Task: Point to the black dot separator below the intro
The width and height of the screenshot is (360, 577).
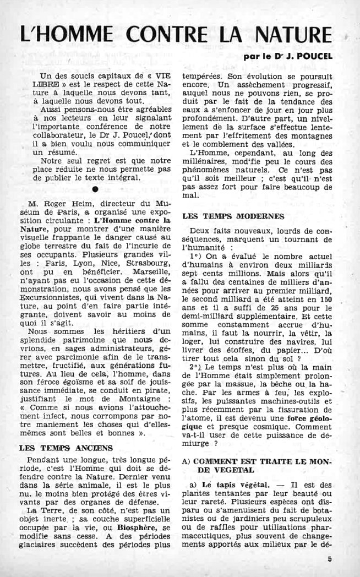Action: [x=95, y=189]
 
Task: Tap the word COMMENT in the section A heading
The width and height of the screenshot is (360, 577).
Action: [x=223, y=460]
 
